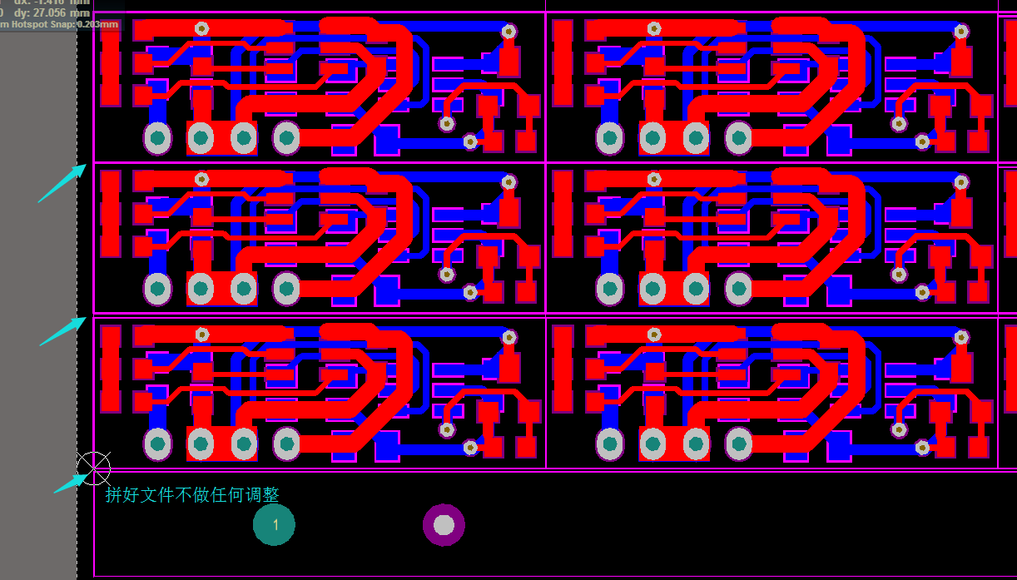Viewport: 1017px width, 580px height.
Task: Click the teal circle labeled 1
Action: pos(275,525)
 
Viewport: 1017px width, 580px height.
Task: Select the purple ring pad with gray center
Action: pos(444,525)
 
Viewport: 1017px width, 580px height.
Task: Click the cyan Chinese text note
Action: pos(192,495)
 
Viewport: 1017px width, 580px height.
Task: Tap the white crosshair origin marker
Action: pos(94,468)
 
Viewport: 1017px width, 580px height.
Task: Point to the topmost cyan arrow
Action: pos(62,183)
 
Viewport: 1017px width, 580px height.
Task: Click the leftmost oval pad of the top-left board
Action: pos(157,138)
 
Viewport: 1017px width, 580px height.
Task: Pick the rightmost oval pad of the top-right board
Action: pos(738,138)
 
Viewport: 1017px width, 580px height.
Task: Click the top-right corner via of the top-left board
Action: pos(508,32)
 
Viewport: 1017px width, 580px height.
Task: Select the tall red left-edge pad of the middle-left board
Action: pos(110,212)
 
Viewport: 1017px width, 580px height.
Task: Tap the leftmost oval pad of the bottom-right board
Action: pos(610,444)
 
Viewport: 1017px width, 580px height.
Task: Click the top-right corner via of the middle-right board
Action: pos(961,181)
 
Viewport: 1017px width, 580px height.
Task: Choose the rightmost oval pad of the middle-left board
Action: pos(286,289)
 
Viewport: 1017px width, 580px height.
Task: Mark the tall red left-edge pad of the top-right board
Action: pos(563,62)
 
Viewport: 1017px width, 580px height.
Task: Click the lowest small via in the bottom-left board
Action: pos(470,448)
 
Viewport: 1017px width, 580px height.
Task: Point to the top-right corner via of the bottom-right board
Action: pos(961,337)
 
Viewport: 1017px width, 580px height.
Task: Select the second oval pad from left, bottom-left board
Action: pos(201,444)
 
